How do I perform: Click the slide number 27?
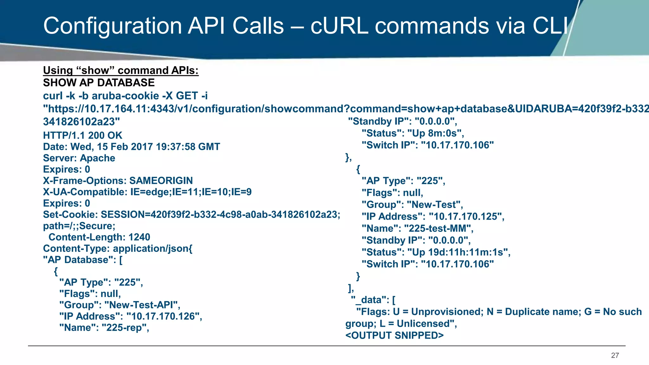615,355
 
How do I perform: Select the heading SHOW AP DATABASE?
99,83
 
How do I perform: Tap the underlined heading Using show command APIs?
121,70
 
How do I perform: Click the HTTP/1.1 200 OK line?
82,135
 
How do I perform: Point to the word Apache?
97,158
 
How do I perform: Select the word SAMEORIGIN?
161,181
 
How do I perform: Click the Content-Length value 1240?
139,237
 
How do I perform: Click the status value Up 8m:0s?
436,133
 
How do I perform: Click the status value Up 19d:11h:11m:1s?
459,252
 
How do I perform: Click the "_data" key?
368,300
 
